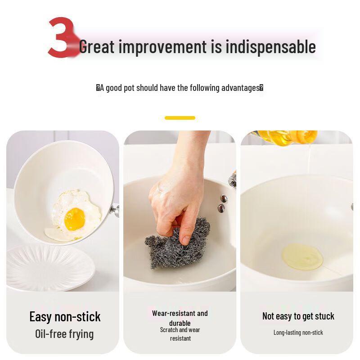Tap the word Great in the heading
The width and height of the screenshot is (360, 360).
pos(97,47)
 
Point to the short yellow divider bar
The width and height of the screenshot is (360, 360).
pos(180,118)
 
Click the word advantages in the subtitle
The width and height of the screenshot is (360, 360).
pos(240,88)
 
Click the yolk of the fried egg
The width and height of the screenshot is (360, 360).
pos(74,219)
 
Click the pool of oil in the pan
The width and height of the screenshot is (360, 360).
pos(302,256)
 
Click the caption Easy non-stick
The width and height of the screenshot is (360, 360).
pos(65,316)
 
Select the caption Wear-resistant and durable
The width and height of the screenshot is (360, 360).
pos(180,318)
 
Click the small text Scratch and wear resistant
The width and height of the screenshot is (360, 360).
pos(180,334)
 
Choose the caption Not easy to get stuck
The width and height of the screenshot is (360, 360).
pos(298,316)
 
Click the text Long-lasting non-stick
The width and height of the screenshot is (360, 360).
pos(298,333)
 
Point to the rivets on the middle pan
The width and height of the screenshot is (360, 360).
pos(222,203)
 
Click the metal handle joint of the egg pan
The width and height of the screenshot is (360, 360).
pos(115,210)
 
